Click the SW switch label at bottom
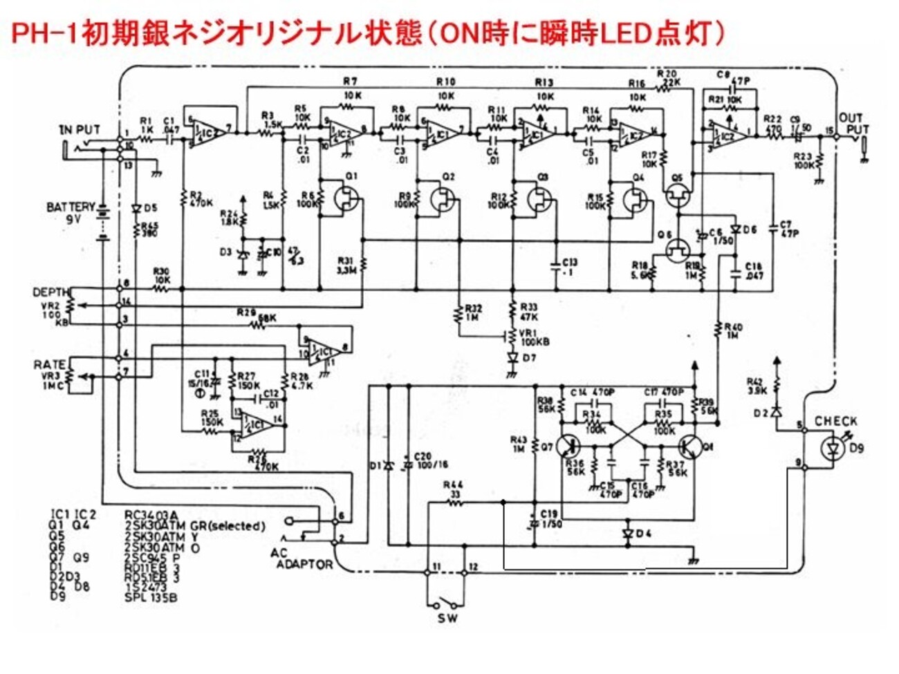click(x=447, y=617)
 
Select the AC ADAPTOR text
click(x=303, y=559)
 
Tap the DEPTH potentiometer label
click(x=51, y=293)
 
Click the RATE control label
click(x=50, y=365)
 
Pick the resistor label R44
click(x=454, y=485)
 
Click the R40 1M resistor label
click(x=733, y=330)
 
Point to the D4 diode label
click(x=643, y=534)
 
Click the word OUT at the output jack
click(x=851, y=118)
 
